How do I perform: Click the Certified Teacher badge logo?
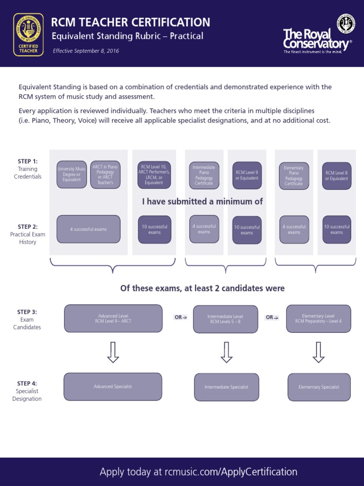pos(28,34)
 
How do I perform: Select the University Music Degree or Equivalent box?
pos(72,175)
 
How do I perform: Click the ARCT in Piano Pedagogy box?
pos(105,175)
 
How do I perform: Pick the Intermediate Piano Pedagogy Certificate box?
pos(204,175)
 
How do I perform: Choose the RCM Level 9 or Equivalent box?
pos(247,175)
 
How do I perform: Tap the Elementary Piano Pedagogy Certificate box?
pos(294,176)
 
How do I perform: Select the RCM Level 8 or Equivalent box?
pos(337,176)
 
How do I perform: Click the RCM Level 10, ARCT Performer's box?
pos(154,175)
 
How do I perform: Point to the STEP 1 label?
pos(27,161)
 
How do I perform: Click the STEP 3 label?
pos(27,312)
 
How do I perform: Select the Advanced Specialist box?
pos(113,387)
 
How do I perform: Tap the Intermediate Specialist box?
pos(227,387)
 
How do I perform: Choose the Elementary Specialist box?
pos(319,387)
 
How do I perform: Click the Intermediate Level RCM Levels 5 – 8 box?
pos(226,319)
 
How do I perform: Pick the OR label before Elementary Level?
pos(273,318)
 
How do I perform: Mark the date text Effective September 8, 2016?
pos(86,51)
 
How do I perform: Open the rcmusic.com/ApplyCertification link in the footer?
pos(231,472)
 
